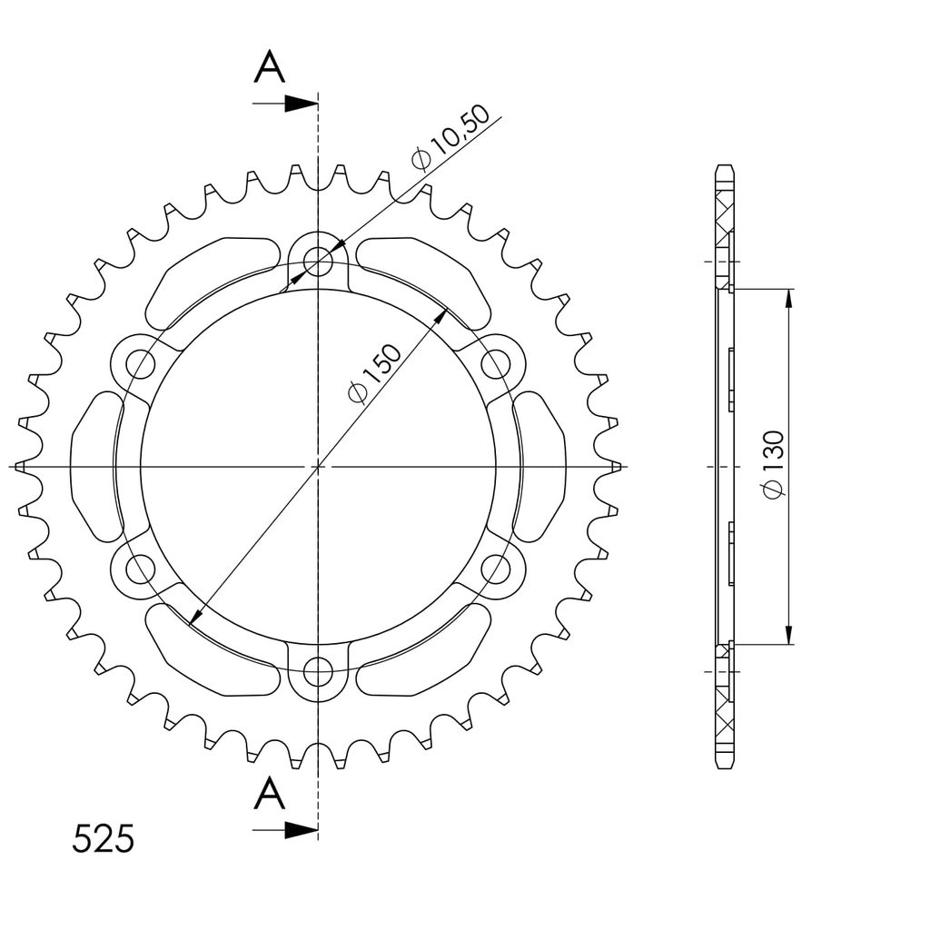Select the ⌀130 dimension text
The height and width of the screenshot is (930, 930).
pyautogui.click(x=774, y=465)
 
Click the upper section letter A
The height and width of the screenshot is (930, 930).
pyautogui.click(x=270, y=66)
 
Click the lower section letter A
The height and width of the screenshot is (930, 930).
pyautogui.click(x=270, y=794)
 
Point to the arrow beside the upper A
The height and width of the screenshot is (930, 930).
pyautogui.click(x=285, y=104)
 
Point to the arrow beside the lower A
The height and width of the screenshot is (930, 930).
pyautogui.click(x=285, y=830)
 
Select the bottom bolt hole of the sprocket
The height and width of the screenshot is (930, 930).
pyautogui.click(x=318, y=672)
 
